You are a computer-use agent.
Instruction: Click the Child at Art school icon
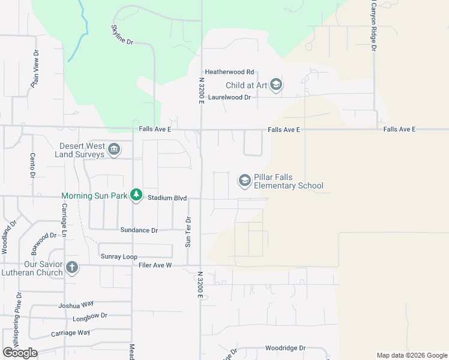[276, 85]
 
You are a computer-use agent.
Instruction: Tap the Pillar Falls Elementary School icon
[244, 180]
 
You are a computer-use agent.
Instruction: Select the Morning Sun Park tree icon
[137, 195]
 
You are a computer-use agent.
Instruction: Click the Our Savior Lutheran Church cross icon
[72, 268]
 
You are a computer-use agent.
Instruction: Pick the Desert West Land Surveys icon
[113, 149]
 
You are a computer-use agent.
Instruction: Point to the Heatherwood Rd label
[230, 71]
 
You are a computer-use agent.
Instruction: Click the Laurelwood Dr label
[230, 97]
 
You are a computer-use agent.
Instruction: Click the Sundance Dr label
[139, 230]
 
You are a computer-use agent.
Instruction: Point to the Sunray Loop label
[119, 257]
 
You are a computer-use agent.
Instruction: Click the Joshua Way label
[76, 305]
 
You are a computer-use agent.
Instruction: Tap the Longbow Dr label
[89, 316]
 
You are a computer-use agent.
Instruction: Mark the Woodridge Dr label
[286, 348]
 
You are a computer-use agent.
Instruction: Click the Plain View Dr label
[36, 70]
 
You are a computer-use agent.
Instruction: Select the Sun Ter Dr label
[188, 232]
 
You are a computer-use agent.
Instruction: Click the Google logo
[20, 352]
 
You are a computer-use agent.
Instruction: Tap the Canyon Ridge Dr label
[373, 25]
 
